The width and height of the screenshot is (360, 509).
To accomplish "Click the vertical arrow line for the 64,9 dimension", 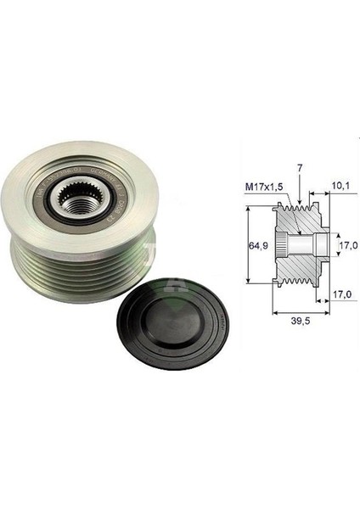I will [x=247, y=245].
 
